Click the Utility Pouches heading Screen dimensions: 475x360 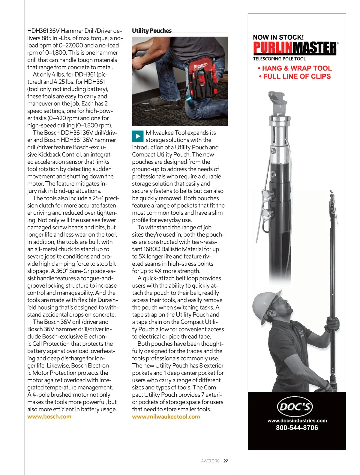point(152,31)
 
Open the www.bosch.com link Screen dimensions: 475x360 point(49,416)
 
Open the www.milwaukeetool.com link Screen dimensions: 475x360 point(166,416)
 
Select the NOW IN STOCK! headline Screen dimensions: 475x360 point(278,37)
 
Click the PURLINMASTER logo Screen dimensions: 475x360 point(295,48)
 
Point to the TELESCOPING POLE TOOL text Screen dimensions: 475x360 point(279,59)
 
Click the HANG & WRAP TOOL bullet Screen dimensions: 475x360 point(295,68)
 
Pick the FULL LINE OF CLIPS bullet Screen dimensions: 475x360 point(295,76)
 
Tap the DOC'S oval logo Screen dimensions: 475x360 point(295,407)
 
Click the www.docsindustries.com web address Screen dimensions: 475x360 point(297,421)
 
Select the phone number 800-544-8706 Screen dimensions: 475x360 point(297,428)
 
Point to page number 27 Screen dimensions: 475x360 point(226,461)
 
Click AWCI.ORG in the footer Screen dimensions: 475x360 point(210,461)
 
